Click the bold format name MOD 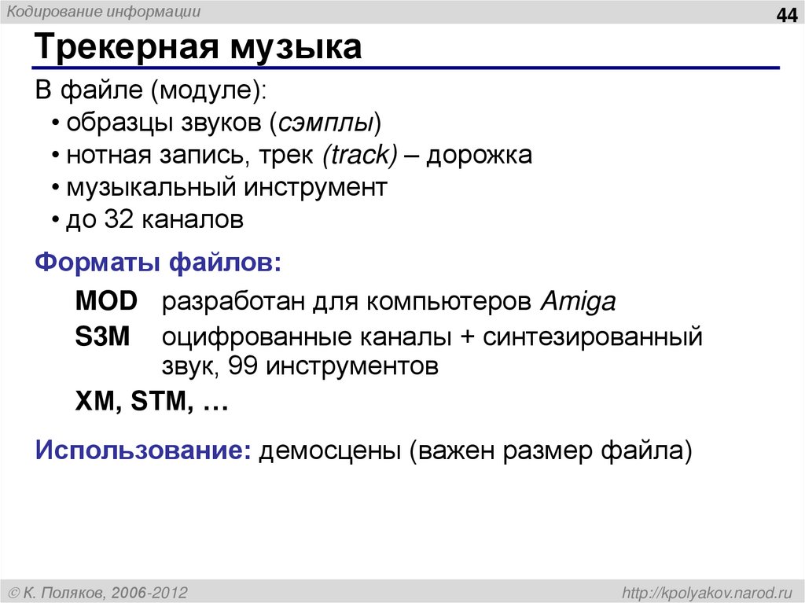106,301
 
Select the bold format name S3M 104,337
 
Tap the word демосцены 330,451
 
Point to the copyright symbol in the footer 14,591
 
